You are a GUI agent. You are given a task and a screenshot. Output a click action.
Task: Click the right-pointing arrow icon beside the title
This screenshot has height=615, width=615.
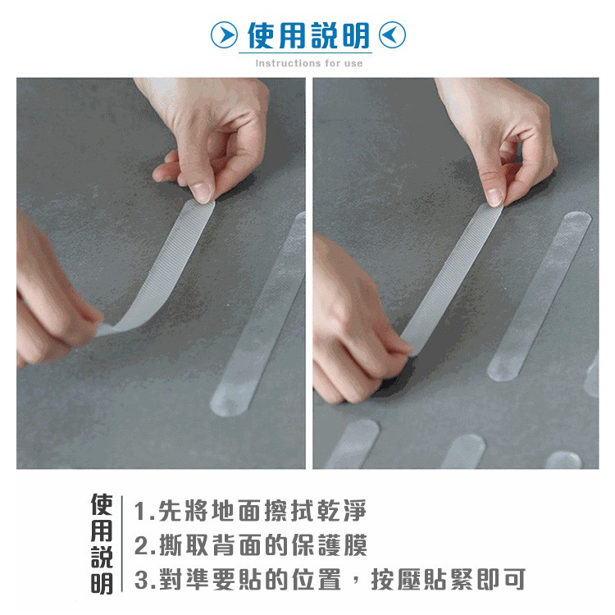[224, 35]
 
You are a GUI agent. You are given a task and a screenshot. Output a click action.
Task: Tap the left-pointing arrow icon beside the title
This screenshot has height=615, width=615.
[392, 35]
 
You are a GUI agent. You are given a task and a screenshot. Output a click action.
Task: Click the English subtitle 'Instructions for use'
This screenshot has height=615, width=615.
[308, 63]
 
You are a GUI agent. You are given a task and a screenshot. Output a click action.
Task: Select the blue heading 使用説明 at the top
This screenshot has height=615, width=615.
[308, 35]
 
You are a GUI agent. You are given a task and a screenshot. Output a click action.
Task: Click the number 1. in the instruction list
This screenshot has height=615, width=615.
[144, 512]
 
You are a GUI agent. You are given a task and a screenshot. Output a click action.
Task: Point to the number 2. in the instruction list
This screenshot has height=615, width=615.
[145, 545]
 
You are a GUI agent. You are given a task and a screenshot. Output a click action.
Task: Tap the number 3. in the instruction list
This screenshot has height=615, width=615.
[145, 580]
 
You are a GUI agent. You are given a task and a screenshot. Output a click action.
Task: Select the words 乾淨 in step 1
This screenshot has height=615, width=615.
[341, 511]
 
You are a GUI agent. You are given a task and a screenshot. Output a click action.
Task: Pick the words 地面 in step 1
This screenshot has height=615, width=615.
[236, 511]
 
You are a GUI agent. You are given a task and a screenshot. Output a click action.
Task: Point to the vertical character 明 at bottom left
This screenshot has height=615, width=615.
[102, 584]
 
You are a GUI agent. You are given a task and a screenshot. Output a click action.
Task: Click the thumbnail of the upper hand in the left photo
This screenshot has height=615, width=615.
[203, 192]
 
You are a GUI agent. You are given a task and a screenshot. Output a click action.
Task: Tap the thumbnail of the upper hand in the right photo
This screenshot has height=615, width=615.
[494, 196]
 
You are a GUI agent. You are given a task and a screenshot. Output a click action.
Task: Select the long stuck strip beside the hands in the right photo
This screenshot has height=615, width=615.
[540, 296]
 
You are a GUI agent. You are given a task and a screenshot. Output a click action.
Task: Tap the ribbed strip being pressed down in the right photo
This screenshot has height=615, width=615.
[452, 279]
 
